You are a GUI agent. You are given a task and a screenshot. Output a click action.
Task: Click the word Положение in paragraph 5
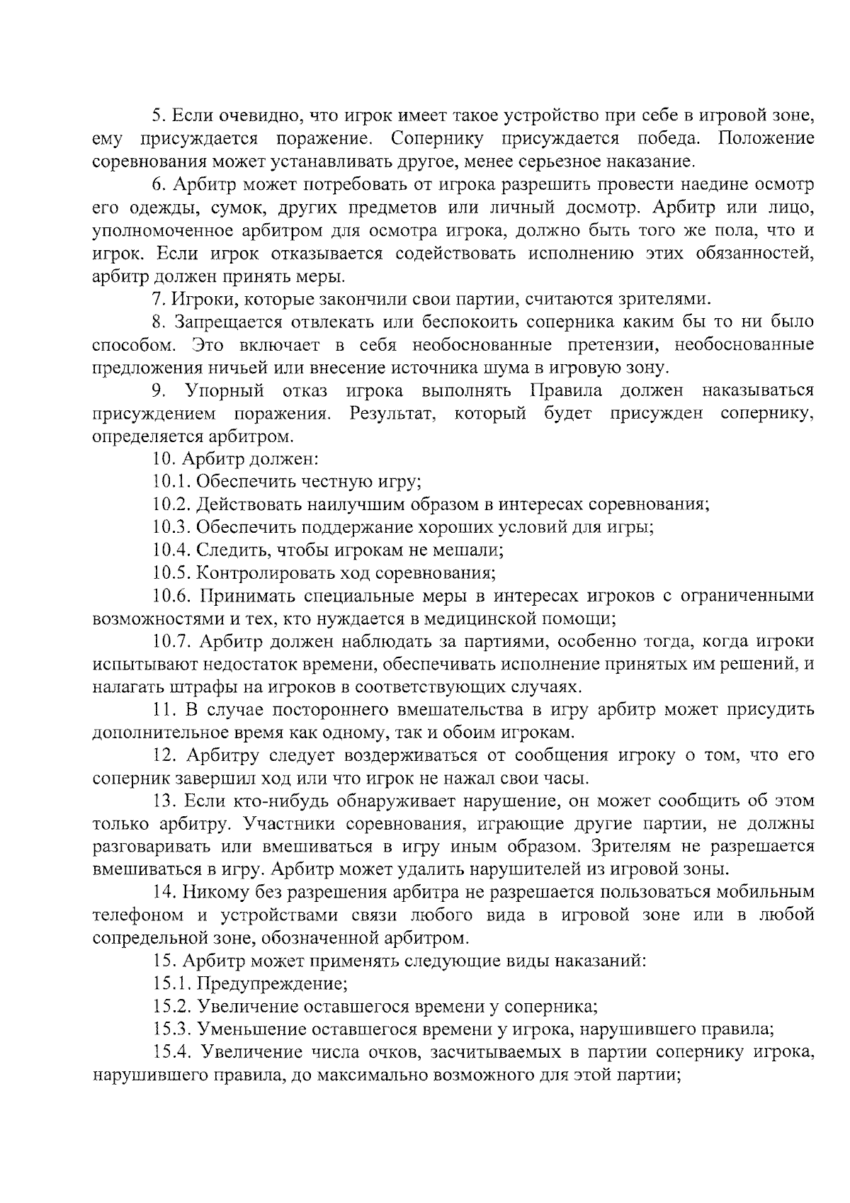coord(766,138)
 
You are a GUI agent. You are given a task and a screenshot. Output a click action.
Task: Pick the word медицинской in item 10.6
coord(480,619)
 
